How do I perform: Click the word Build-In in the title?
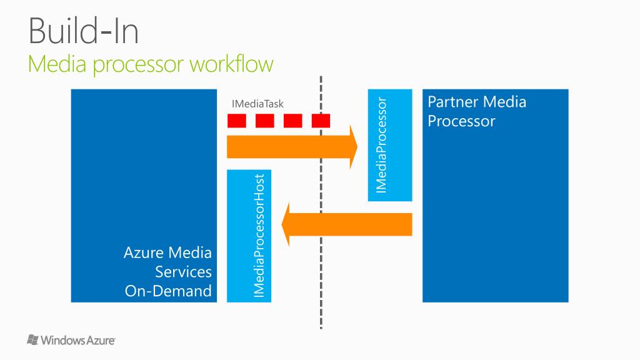point(84,31)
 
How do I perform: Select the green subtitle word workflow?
point(231,64)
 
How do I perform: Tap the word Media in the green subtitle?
point(57,64)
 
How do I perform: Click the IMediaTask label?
point(257,104)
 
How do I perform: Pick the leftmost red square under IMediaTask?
point(237,121)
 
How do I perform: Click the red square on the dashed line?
point(321,121)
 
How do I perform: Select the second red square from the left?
point(265,121)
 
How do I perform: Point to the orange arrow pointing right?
point(292,147)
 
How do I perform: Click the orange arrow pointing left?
point(346,224)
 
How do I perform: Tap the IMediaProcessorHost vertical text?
point(259,236)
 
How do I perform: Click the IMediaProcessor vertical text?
point(381,145)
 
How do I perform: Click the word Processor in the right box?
point(461,121)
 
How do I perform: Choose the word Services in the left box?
point(183,272)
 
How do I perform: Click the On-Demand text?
point(168,291)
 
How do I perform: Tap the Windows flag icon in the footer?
point(32,339)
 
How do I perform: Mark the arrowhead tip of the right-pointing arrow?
point(357,147)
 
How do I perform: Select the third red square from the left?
point(293,121)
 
